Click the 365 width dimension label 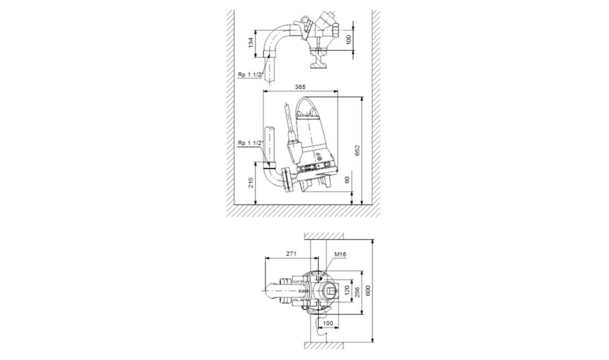point(300,87)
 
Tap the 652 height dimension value point(357,150)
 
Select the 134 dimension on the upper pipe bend point(251,42)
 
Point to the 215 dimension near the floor point(251,183)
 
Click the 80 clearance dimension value point(347,180)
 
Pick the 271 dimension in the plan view point(291,253)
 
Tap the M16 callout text point(340,254)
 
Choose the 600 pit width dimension point(368,290)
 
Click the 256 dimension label point(357,292)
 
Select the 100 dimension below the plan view point(328,323)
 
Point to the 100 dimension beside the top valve point(349,40)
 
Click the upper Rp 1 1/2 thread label point(250,75)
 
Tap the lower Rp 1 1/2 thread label point(250,143)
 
